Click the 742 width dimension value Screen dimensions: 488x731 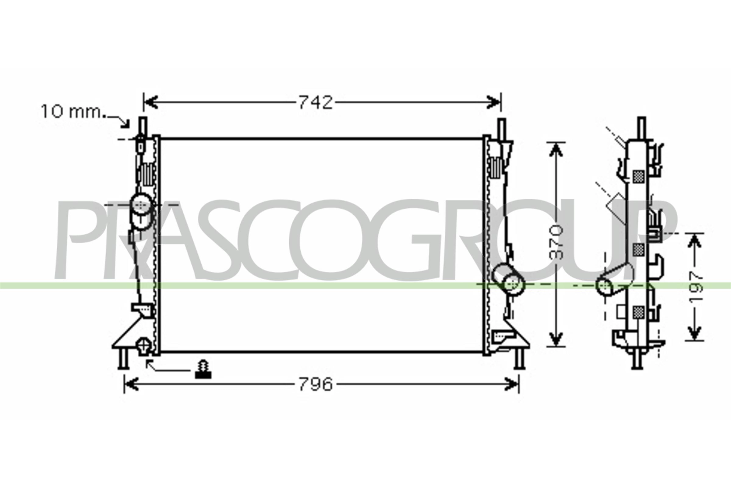click(315, 102)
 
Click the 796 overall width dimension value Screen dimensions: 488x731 click(315, 384)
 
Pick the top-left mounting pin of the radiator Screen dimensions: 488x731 click(143, 126)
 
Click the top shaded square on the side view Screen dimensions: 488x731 click(638, 177)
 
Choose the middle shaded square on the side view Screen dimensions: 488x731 click(638, 249)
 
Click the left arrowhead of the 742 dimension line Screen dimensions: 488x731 click(151, 102)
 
